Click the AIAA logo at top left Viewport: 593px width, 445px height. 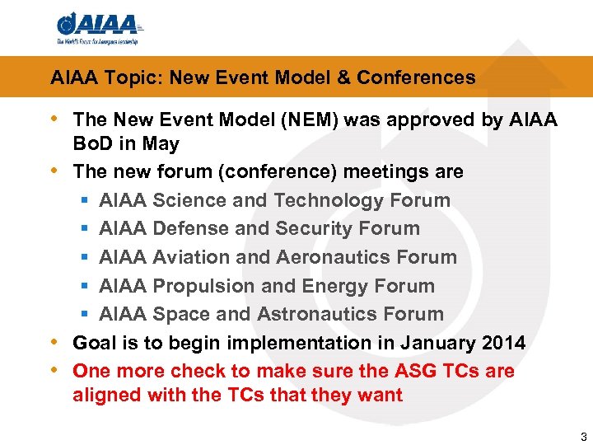(x=98, y=27)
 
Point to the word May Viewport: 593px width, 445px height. (x=161, y=144)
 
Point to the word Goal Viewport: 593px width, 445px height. (x=93, y=343)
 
